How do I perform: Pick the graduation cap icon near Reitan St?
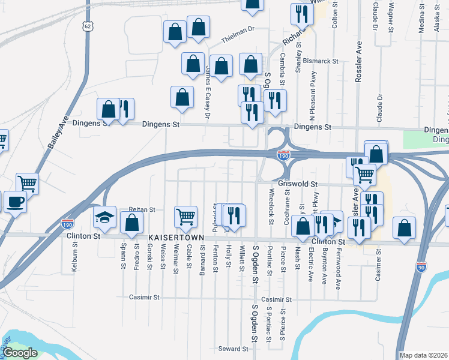pyautogui.click(x=104, y=217)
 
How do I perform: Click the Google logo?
pyautogui.click(x=20, y=353)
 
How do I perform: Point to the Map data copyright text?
pyautogui.click(x=423, y=355)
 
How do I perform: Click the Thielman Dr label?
pyautogui.click(x=238, y=28)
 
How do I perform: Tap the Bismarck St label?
pyautogui.click(x=321, y=61)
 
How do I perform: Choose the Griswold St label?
pyautogui.click(x=297, y=184)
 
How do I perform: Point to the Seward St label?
pyautogui.click(x=233, y=349)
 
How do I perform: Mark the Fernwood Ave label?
pyautogui.click(x=338, y=268)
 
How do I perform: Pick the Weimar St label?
pyautogui.click(x=176, y=259)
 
